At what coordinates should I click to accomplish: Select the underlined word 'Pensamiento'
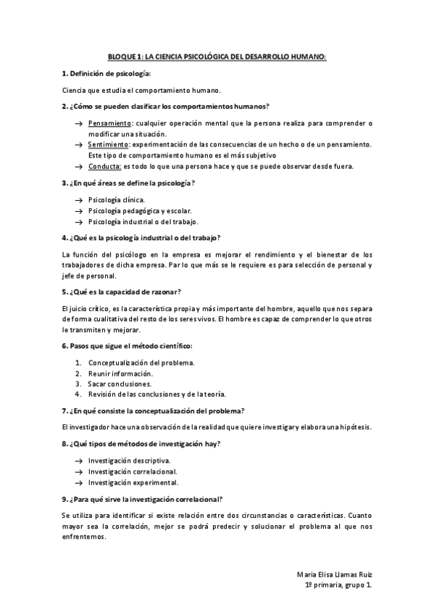(110, 123)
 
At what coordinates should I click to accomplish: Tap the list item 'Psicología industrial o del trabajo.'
(142, 221)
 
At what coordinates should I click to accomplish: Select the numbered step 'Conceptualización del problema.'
(141, 362)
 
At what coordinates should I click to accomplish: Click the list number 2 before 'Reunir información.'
(78, 373)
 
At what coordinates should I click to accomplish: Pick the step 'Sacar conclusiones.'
(120, 383)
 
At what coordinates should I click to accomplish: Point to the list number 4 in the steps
(78, 394)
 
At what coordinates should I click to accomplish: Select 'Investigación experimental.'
(133, 482)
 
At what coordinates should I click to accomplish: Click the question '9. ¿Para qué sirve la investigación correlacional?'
(142, 499)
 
